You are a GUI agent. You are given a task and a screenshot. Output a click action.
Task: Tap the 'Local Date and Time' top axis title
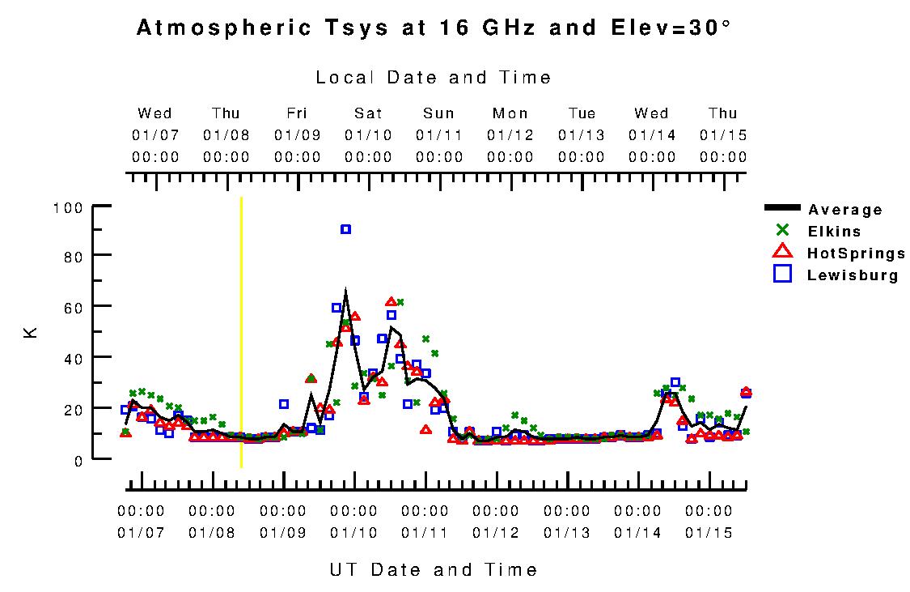point(434,78)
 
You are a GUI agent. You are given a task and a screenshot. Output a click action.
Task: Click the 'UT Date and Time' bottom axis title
point(434,570)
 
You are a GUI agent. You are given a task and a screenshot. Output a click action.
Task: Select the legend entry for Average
point(844,211)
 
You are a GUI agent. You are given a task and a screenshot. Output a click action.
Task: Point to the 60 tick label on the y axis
point(72,306)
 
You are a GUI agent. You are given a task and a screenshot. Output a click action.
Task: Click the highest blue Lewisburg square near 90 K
point(345,229)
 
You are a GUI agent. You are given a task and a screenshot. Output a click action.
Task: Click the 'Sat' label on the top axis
point(368,113)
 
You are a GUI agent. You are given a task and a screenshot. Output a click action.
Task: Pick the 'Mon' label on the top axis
point(510,113)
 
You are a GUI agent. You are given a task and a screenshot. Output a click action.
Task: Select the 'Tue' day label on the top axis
point(582,113)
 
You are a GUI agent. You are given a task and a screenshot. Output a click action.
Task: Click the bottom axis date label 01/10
point(353,533)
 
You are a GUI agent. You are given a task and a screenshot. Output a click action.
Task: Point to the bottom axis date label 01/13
point(567,533)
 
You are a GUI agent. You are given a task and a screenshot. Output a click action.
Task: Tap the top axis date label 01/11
point(439,134)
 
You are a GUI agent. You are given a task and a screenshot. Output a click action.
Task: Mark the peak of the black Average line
point(345,290)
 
